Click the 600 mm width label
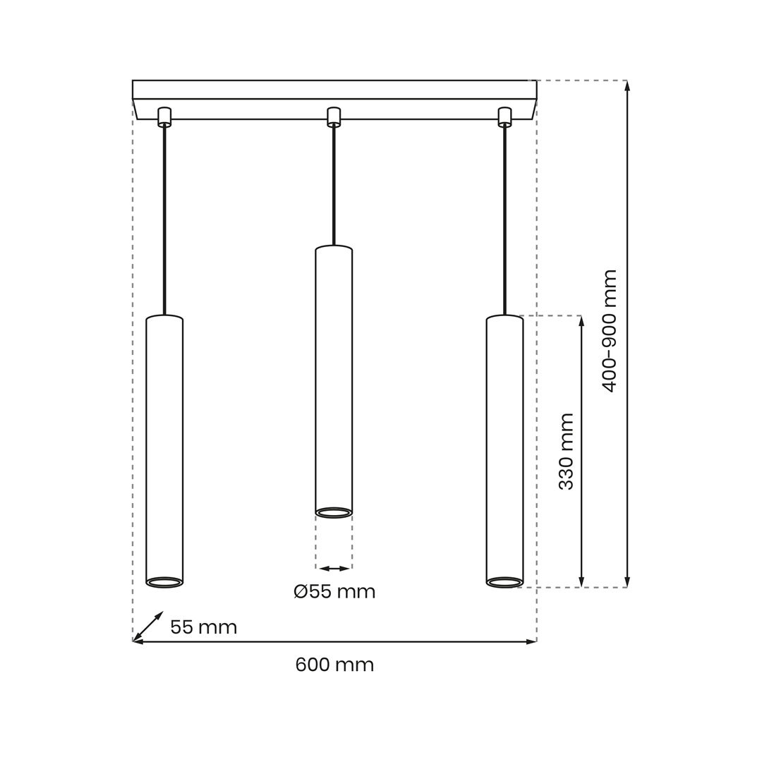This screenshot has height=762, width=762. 334,665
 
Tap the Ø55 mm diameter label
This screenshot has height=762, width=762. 334,591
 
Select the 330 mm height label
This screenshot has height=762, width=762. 566,452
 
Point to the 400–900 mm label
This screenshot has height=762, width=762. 609,331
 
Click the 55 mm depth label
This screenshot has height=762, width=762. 204,627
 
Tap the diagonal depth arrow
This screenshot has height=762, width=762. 147,627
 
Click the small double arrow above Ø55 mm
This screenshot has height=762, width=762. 334,568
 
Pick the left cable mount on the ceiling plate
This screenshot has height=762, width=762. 164,116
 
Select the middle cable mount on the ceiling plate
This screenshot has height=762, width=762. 333,116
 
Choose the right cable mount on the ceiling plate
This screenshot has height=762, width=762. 505,116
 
